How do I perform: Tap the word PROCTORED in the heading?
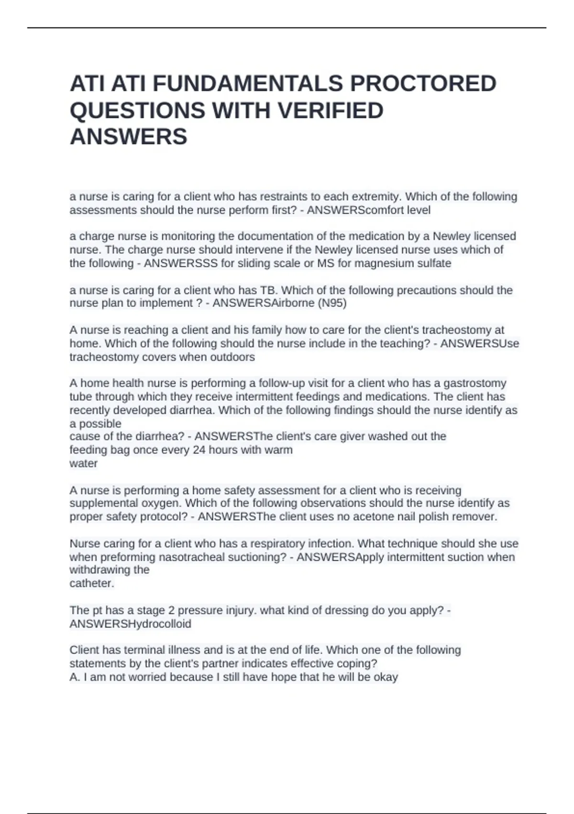pos(423,84)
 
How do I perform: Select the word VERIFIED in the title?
pos(331,111)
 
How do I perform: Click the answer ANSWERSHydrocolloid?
pos(131,624)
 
